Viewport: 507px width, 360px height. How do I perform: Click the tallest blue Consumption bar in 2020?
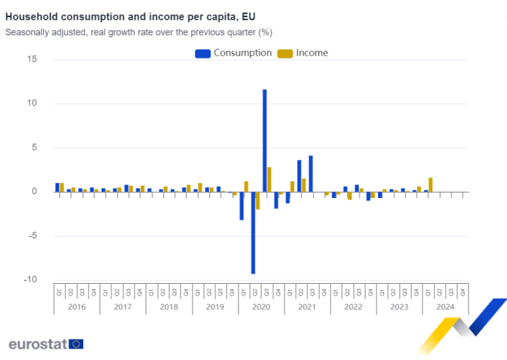point(264,140)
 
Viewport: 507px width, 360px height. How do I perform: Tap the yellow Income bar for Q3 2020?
point(269,179)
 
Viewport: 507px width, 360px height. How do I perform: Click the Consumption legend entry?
point(234,53)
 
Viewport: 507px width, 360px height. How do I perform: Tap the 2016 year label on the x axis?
point(77,307)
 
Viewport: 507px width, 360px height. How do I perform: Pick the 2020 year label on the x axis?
point(261,307)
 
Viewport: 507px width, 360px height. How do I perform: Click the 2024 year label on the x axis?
point(445,307)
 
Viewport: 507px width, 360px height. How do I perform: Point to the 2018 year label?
point(169,307)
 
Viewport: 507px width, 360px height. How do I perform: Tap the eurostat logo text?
point(37,344)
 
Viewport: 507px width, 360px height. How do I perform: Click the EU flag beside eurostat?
point(76,344)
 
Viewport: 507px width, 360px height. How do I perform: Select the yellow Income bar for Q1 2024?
point(430,184)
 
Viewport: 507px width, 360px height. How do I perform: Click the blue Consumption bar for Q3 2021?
point(310,173)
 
